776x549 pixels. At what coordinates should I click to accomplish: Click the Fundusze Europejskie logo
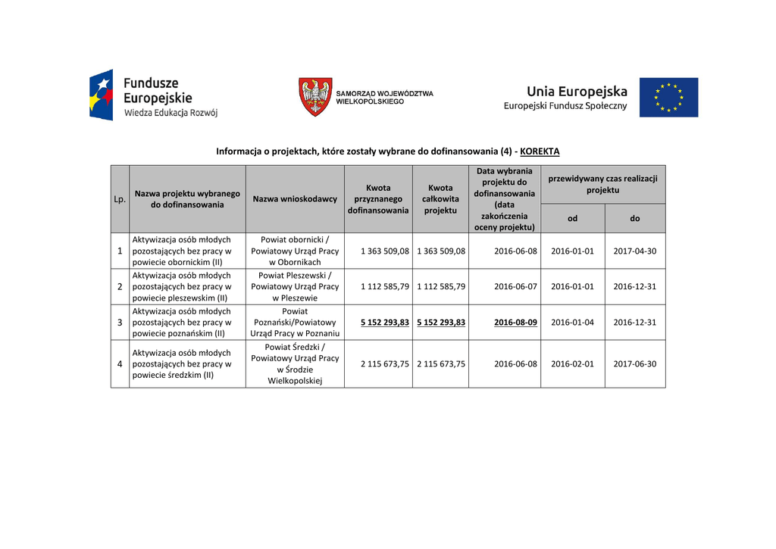tap(153, 96)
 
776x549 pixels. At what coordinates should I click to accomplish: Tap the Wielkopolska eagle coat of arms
tap(314, 96)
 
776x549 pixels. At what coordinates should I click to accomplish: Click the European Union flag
tap(668, 97)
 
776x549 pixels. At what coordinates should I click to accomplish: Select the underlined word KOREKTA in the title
tap(540, 151)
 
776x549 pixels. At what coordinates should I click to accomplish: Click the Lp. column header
tap(120, 199)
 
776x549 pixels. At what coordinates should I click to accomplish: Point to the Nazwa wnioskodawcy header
tap(295, 199)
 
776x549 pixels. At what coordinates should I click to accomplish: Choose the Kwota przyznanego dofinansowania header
tap(378, 199)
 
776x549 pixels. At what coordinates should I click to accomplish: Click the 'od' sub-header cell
tap(573, 218)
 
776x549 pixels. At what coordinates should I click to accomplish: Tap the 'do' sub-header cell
tap(635, 218)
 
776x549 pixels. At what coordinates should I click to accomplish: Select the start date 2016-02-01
tap(573, 363)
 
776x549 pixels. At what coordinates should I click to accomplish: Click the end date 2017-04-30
tap(635, 251)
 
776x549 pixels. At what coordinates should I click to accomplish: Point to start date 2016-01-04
tap(573, 323)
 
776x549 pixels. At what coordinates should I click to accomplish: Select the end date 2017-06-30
tap(635, 363)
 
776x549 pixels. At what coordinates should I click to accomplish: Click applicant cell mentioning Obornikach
tap(295, 251)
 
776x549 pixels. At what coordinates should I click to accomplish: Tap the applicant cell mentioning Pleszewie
tap(295, 287)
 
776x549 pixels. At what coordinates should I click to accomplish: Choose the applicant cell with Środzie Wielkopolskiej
tap(295, 363)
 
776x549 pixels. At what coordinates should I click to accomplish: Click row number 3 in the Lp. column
tap(120, 323)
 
